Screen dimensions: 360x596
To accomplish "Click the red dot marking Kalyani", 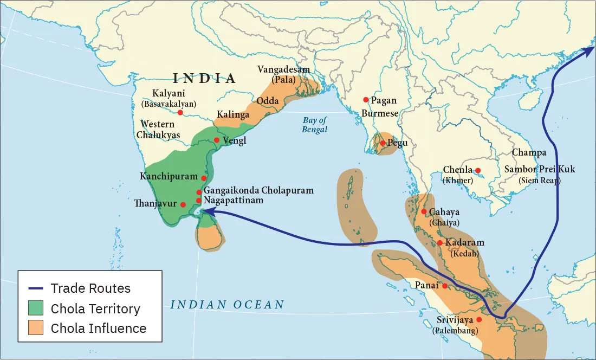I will (x=180, y=113).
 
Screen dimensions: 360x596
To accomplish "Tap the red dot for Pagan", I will (x=366, y=100).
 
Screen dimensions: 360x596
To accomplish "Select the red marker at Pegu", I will (x=383, y=143).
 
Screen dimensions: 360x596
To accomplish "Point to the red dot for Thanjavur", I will (x=183, y=204).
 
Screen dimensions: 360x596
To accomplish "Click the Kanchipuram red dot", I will (x=204, y=178).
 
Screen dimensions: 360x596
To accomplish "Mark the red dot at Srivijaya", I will (x=478, y=319).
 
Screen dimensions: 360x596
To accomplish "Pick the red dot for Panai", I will (x=445, y=286).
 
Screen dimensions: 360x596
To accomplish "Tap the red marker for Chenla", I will (x=477, y=170).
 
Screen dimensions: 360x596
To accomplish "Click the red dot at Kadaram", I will (x=440, y=242).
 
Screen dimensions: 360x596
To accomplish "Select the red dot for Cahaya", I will (x=423, y=211).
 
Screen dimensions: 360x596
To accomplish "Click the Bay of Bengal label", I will (x=315, y=125).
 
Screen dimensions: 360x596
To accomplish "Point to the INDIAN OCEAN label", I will (x=227, y=305).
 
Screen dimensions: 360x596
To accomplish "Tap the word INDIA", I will (x=204, y=78).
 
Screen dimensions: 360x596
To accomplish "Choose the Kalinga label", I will (x=233, y=115).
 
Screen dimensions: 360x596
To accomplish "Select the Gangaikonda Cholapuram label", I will (x=258, y=190).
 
